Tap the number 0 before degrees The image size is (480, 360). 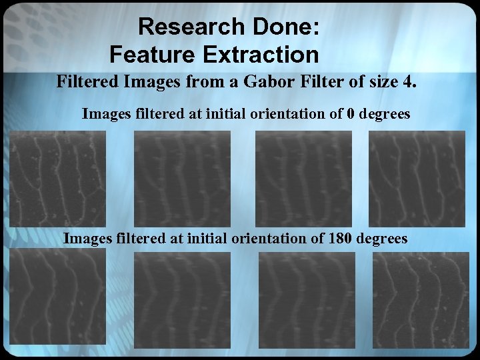[351, 114]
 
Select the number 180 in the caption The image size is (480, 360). [342, 238]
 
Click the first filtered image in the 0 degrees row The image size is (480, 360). [57, 178]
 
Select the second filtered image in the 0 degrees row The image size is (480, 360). [182, 178]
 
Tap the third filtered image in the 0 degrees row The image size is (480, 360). [303, 178]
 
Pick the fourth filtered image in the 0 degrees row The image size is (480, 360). [417, 178]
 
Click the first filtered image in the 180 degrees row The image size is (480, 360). [57, 297]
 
